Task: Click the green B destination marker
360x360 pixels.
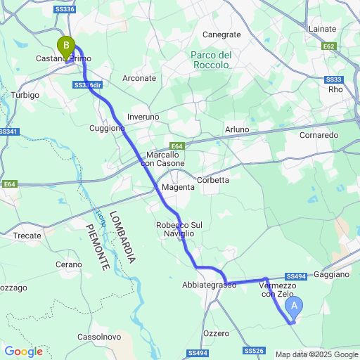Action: pyautogui.click(x=66, y=47)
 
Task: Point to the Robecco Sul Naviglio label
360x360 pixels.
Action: pyautogui.click(x=179, y=229)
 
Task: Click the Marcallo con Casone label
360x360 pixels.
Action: pyautogui.click(x=165, y=159)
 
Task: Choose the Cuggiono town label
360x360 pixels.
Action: pyautogui.click(x=107, y=128)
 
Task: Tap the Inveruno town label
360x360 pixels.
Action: pyautogui.click(x=143, y=116)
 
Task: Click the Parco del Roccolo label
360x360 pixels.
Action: pyautogui.click(x=211, y=60)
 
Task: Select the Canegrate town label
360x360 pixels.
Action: pyautogui.click(x=221, y=34)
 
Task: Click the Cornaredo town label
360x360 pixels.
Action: pyautogui.click(x=319, y=134)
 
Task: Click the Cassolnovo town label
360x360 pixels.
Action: pyautogui.click(x=98, y=337)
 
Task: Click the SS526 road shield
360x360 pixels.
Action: pyautogui.click(x=254, y=350)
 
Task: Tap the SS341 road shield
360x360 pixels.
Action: pyautogui.click(x=7, y=131)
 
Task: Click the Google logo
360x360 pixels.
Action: pyautogui.click(x=22, y=351)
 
